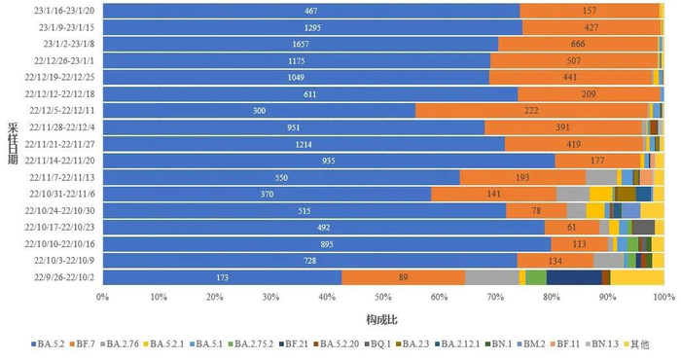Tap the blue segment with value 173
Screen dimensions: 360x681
tap(222, 278)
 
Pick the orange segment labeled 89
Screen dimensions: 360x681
tap(403, 278)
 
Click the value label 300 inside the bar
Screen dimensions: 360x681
tap(259, 111)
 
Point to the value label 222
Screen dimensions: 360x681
tap(531, 111)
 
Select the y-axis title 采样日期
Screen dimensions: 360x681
tap(11, 144)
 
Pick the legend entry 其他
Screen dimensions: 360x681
tap(639, 344)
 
